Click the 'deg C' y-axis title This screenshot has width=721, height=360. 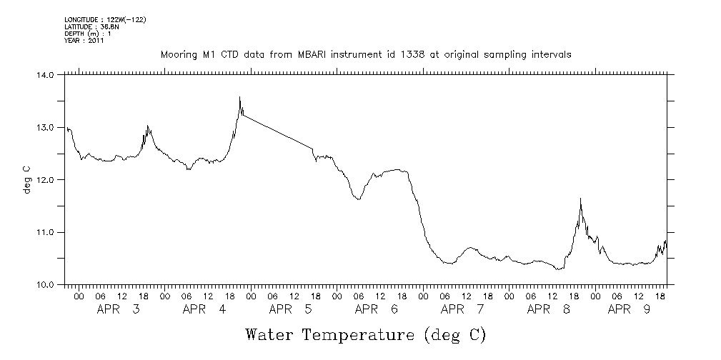[26, 180]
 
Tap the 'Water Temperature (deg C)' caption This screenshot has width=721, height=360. [365, 334]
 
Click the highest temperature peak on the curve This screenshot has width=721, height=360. [240, 97]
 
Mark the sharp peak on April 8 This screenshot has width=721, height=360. [580, 199]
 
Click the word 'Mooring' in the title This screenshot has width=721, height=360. [179, 54]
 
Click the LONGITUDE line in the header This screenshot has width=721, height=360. [105, 19]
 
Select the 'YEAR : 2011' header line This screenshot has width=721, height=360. [84, 41]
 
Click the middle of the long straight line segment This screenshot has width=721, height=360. [278, 131]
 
